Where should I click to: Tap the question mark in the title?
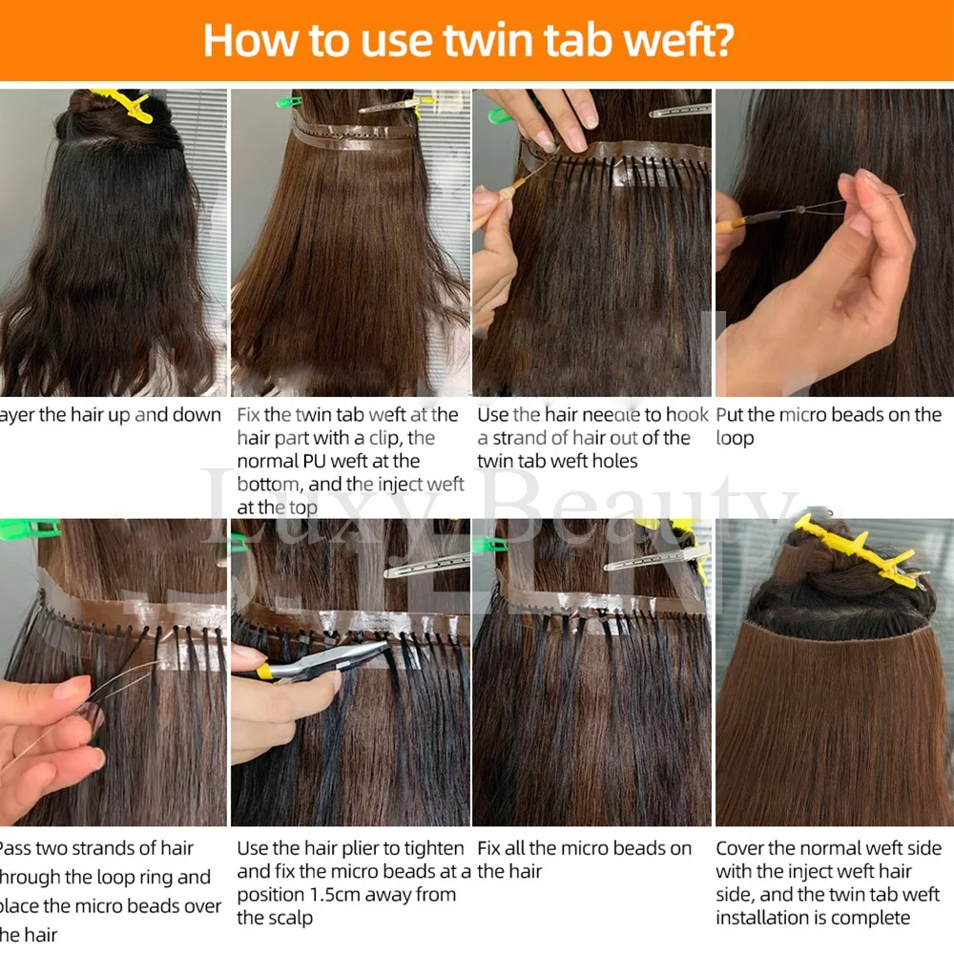740,41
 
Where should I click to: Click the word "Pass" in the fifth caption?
15,848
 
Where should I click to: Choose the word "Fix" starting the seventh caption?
490,848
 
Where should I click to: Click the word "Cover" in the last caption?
741,848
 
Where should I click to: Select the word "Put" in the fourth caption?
730,415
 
